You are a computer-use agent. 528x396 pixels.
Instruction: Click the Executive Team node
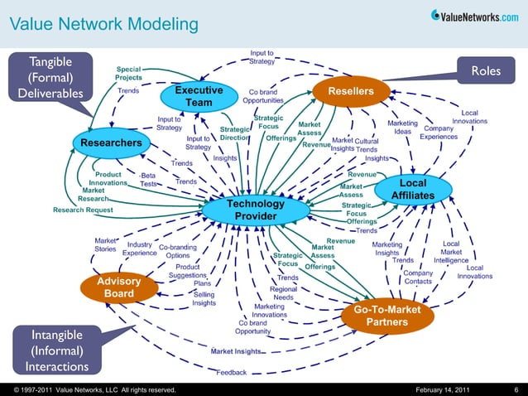199,96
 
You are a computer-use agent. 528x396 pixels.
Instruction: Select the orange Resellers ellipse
351,90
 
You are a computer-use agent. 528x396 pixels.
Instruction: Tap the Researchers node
112,143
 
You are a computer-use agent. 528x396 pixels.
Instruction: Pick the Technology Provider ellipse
256,210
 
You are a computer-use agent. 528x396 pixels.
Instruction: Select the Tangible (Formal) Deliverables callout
50,77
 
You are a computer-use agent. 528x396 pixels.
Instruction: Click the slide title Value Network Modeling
103,24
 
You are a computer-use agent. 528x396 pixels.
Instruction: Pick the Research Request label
83,210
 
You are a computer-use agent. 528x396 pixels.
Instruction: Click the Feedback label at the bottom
233,372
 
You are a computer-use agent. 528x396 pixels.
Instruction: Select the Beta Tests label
149,180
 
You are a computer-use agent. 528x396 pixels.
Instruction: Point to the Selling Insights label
204,298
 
